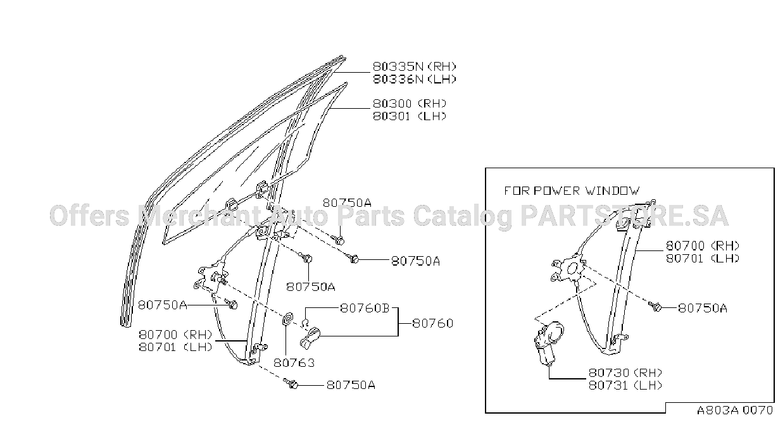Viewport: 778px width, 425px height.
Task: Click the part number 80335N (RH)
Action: pyautogui.click(x=415, y=66)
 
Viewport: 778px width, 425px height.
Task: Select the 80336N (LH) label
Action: pyautogui.click(x=415, y=79)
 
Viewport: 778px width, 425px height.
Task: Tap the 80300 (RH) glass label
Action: pyautogui.click(x=410, y=103)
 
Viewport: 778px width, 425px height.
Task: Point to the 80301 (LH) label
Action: pyautogui.click(x=410, y=116)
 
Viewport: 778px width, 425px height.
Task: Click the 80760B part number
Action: pyautogui.click(x=365, y=308)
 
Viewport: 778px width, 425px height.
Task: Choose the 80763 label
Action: pyautogui.click(x=294, y=363)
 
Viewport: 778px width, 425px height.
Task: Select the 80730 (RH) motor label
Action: pyautogui.click(x=625, y=373)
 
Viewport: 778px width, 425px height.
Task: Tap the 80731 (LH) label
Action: pyautogui.click(x=625, y=385)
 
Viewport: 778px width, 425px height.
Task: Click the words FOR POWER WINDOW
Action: pyautogui.click(x=572, y=191)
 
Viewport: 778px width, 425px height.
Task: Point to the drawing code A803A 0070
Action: pyautogui.click(x=735, y=410)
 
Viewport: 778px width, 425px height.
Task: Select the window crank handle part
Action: pyautogui.click(x=310, y=338)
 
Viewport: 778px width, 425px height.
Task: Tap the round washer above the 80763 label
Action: pyautogui.click(x=287, y=319)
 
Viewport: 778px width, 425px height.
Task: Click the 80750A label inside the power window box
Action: pyautogui.click(x=702, y=308)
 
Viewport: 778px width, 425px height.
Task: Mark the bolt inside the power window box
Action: pyautogui.click(x=655, y=306)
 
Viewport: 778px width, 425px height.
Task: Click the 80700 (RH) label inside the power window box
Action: pyautogui.click(x=702, y=245)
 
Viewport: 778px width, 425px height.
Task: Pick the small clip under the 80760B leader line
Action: pyautogui.click(x=305, y=323)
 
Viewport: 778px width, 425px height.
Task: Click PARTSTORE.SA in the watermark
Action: pyautogui.click(x=624, y=216)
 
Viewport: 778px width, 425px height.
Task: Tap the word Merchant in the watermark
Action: pyautogui.click(x=199, y=216)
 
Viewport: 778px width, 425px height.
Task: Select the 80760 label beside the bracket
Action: pyautogui.click(x=433, y=323)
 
